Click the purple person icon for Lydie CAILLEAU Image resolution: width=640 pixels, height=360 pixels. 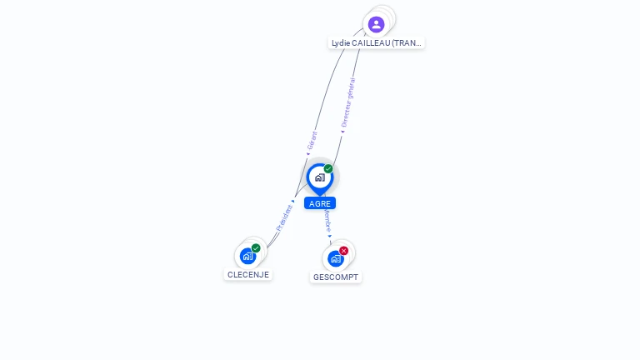[376, 24]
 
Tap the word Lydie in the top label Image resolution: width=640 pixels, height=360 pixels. [340, 42]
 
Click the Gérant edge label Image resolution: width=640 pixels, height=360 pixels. [312, 140]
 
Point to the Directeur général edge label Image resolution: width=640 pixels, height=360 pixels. [348, 102]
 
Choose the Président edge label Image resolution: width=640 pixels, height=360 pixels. [284, 217]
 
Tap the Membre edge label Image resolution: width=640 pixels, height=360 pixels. [327, 222]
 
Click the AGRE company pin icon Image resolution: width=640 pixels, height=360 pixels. [319, 177]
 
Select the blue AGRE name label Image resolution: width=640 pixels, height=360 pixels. [320, 203]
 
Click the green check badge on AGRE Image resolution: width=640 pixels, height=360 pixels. [328, 169]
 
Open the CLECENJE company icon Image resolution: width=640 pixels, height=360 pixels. [247, 256]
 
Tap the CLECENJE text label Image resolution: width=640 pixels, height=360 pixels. [248, 274]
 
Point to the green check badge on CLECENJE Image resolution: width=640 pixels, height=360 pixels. [256, 248]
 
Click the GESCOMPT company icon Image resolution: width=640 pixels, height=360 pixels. [335, 258]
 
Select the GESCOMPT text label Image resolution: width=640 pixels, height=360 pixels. [336, 277]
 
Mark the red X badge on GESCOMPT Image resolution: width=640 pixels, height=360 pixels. [343, 251]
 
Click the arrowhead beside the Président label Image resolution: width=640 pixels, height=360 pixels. [293, 201]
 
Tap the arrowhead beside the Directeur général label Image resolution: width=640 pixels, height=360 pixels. [342, 131]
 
